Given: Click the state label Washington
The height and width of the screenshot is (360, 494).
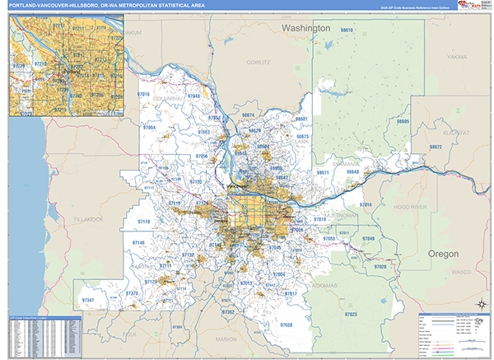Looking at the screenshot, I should pos(305,28).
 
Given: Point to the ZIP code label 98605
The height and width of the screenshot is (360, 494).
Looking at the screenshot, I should pos(403,121).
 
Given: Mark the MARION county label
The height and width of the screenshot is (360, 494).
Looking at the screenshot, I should pos(226,339).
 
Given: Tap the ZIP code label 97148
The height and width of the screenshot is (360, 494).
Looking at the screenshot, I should pos(137,242).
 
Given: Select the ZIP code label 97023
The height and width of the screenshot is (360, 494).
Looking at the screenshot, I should pos(351,315).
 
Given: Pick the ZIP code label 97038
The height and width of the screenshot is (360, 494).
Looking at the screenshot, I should pos(285,325).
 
